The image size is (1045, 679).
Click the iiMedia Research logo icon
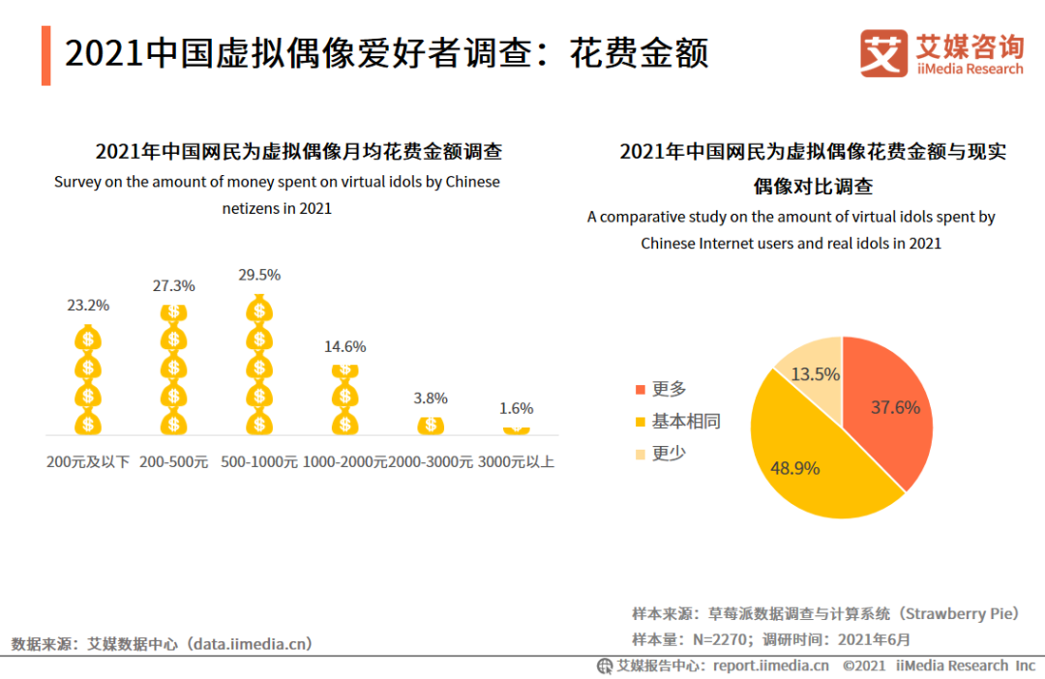(x=883, y=53)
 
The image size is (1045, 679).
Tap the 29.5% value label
(x=259, y=275)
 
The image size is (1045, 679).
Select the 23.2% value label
(x=88, y=305)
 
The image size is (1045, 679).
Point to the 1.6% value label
(x=516, y=408)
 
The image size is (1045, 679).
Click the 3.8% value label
(x=431, y=398)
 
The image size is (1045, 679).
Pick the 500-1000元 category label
(x=259, y=462)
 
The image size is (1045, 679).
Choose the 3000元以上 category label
(x=517, y=462)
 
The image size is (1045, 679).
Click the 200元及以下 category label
(x=88, y=462)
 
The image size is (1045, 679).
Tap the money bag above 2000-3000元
(x=431, y=425)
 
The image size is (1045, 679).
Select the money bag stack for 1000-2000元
(x=345, y=399)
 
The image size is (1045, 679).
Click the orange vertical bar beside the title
(x=45, y=55)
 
